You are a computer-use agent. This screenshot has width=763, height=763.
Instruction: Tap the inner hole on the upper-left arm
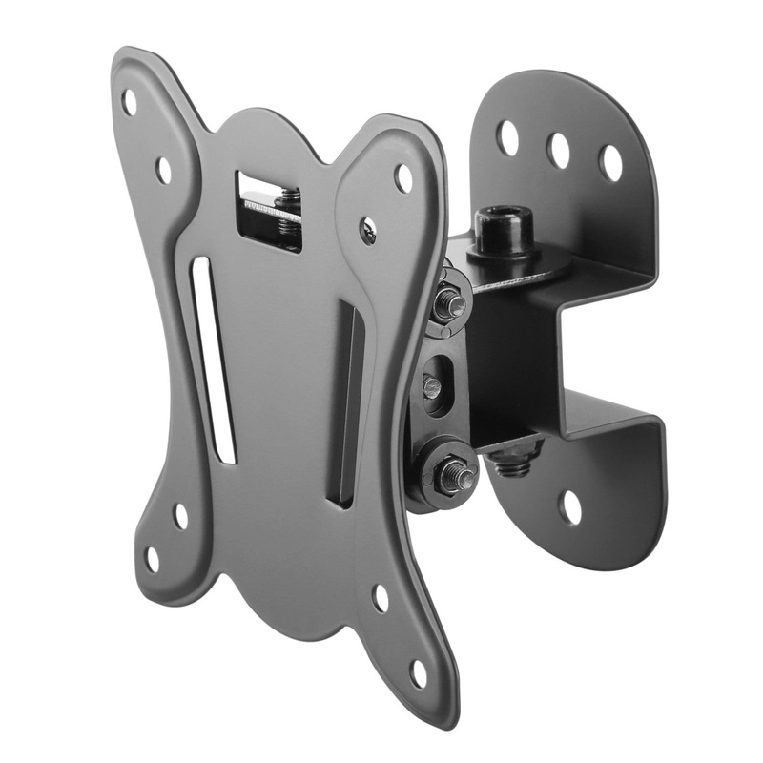163,171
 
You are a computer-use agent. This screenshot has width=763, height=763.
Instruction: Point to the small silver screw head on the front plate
368,228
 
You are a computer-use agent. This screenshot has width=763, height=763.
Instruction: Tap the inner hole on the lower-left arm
180,516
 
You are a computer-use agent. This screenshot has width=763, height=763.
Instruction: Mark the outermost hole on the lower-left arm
152,559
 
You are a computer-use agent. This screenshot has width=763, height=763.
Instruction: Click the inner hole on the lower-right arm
381,598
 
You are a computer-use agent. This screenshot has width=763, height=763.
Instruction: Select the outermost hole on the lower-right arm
418,673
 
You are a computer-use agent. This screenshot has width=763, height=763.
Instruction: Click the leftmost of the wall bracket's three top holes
508,138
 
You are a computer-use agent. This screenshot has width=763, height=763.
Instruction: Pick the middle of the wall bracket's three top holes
558,150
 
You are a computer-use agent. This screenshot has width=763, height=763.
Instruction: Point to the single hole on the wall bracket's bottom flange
570,506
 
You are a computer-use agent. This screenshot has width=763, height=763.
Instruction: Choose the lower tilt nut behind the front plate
451,473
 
